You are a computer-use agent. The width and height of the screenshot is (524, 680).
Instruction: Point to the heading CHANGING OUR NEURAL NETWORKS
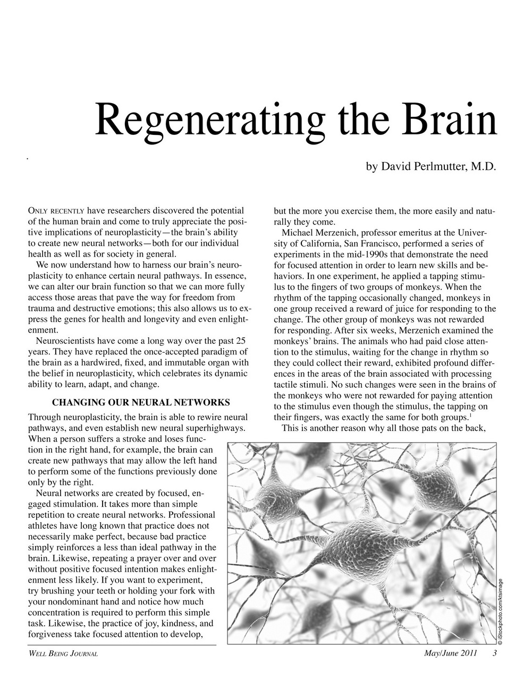click(x=141, y=402)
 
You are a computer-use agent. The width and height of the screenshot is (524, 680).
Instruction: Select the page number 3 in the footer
click(x=494, y=653)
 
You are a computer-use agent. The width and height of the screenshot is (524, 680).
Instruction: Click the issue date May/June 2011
click(x=450, y=653)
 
